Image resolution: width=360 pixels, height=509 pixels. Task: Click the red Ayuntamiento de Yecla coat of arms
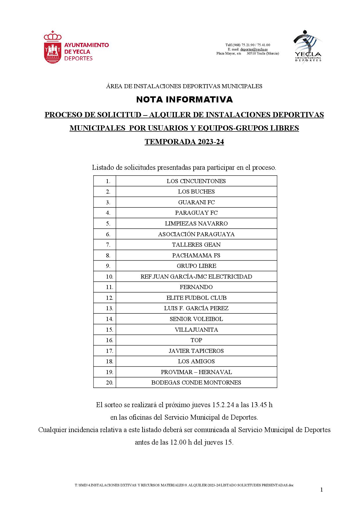53,48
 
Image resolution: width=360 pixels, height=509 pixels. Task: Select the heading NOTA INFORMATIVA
184,100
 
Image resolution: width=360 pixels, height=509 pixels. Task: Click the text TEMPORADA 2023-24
184,142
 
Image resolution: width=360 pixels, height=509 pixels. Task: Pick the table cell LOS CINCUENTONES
196,181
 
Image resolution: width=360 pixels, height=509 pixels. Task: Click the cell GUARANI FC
196,202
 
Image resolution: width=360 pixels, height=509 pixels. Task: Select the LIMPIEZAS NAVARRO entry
196,223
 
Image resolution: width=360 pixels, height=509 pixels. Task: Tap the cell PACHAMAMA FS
196,255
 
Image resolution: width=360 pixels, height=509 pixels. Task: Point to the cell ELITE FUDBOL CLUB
196,298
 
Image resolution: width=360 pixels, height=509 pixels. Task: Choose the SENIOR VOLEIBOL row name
196,319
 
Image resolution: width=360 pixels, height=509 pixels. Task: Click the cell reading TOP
196,340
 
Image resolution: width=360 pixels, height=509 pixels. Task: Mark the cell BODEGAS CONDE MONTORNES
196,382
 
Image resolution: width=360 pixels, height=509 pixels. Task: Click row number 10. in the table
109,277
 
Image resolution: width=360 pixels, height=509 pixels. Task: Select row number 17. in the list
109,351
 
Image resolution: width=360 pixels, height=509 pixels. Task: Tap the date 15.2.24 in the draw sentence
223,405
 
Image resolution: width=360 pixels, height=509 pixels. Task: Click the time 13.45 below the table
258,405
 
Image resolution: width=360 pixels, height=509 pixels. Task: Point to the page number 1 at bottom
321,490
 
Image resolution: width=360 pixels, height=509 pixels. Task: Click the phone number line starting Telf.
248,45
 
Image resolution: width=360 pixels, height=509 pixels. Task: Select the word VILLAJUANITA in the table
196,330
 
